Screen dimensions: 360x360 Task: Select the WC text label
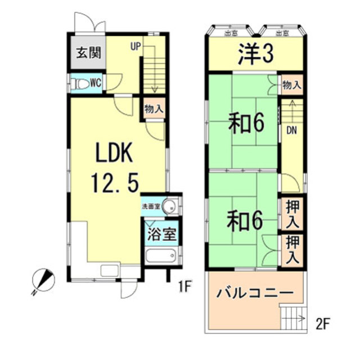click(96, 83)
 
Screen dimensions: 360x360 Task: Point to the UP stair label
click(136, 47)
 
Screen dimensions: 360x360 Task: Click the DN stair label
click(291, 130)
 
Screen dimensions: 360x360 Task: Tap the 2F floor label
click(321, 325)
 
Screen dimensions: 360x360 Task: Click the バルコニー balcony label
click(254, 294)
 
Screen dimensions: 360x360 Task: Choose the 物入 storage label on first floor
click(154, 108)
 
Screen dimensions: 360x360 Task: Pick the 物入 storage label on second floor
click(292, 85)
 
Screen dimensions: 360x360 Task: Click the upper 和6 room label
click(246, 123)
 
